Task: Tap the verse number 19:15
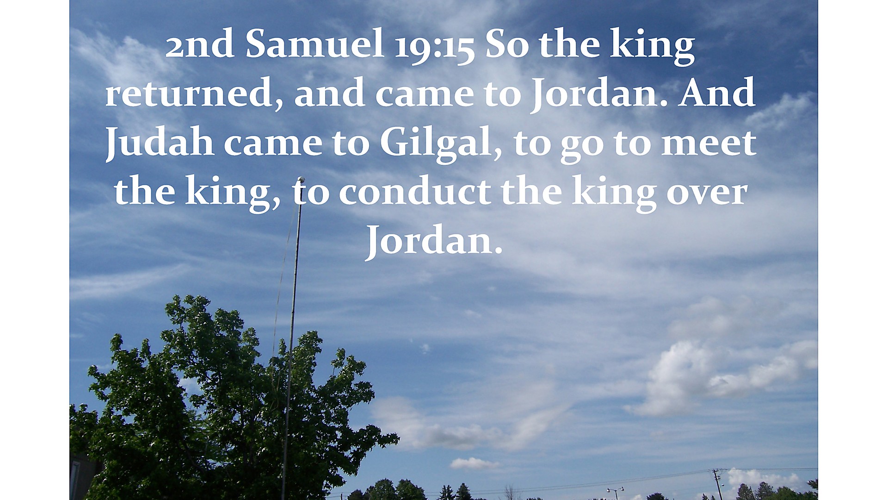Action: click(x=434, y=45)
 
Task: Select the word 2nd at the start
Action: click(x=200, y=45)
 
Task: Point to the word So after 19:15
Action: click(x=506, y=45)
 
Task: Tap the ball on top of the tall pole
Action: click(x=301, y=180)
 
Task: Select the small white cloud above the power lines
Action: click(x=474, y=463)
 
